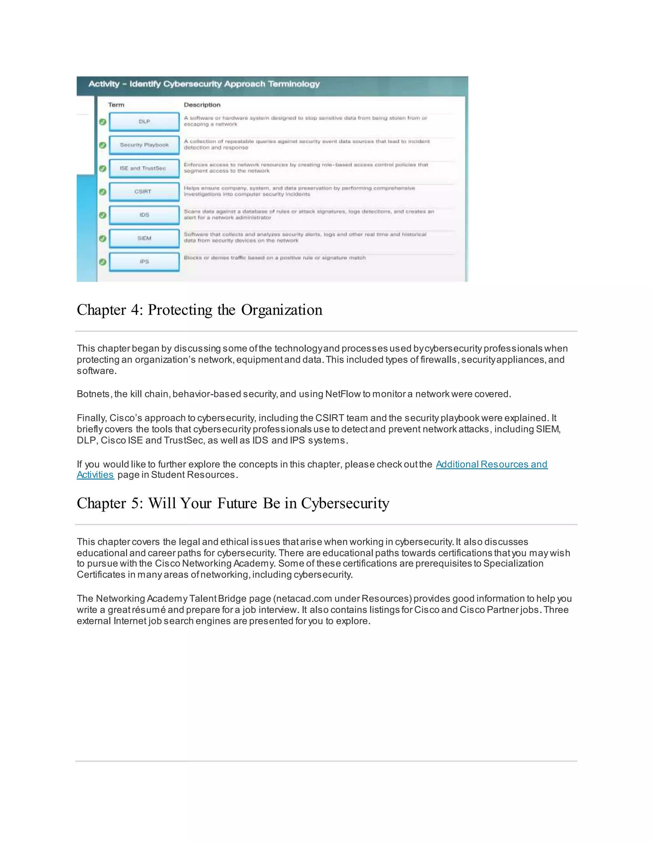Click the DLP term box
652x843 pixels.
click(144, 122)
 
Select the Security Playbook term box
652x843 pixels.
click(144, 145)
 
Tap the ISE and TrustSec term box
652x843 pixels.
click(144, 168)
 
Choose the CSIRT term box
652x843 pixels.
click(144, 192)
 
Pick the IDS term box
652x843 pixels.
click(144, 215)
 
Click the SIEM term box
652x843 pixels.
click(144, 238)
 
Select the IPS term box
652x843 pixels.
click(144, 262)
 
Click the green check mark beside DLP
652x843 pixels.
click(103, 122)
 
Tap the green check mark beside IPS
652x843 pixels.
click(103, 262)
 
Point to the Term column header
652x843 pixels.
click(116, 105)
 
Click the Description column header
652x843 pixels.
click(202, 105)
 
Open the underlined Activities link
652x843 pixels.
click(95, 475)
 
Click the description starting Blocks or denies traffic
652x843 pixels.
click(274, 258)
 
